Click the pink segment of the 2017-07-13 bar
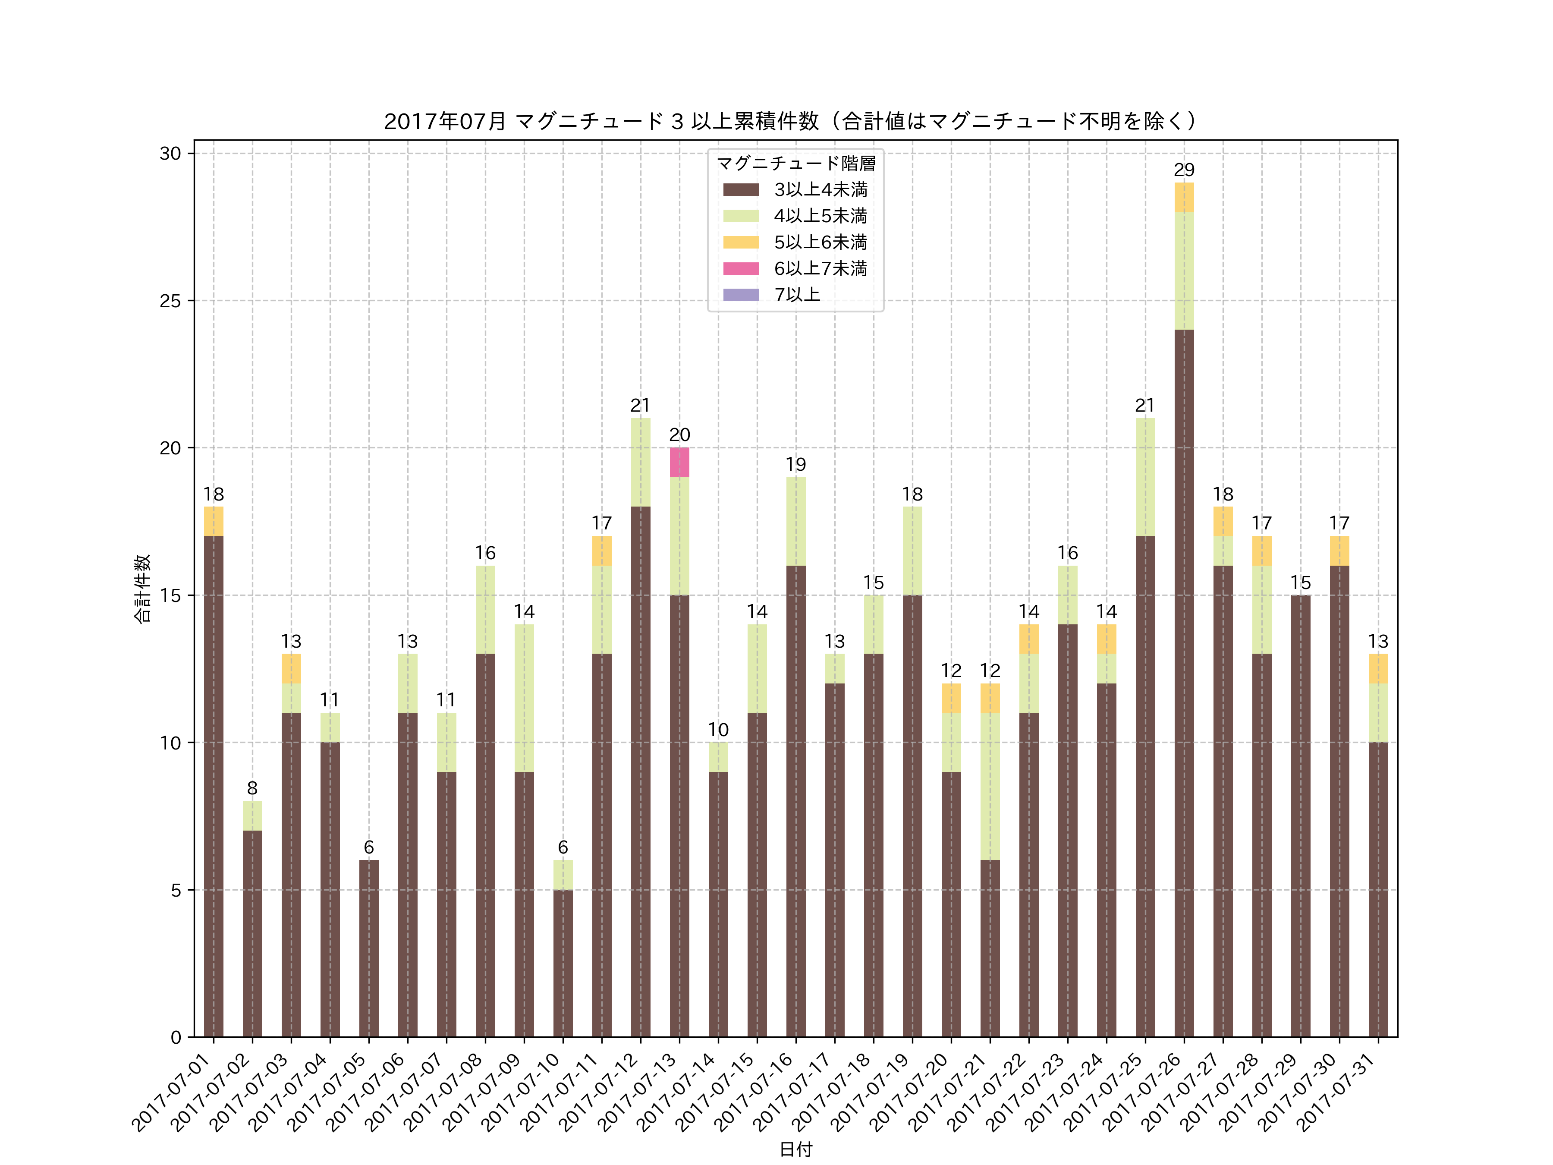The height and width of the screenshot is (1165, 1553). pos(679,462)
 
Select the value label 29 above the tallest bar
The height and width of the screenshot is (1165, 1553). pos(1184,170)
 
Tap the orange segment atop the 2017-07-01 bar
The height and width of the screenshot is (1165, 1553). pos(214,521)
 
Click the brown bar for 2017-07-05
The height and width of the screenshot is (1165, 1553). pos(368,948)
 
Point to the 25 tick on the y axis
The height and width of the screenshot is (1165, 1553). pos(170,301)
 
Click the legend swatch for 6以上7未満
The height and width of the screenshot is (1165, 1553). pos(741,268)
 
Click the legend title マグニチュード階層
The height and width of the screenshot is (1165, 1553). pos(795,164)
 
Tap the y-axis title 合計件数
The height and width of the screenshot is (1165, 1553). pos(142,589)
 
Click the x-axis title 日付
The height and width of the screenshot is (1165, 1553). pos(795,1149)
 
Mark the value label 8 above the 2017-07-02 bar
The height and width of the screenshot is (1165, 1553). pos(252,788)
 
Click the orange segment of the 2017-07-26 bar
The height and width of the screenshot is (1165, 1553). pos(1184,197)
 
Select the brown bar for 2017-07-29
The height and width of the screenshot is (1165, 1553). pos(1300,815)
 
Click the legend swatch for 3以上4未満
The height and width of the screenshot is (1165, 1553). pos(741,189)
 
